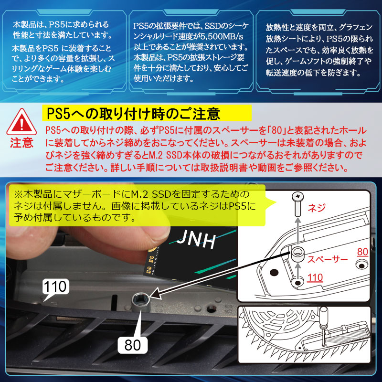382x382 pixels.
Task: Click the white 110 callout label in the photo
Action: [x=56, y=286]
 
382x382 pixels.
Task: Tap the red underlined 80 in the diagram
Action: [x=362, y=251]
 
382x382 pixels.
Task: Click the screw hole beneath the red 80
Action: [x=361, y=264]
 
